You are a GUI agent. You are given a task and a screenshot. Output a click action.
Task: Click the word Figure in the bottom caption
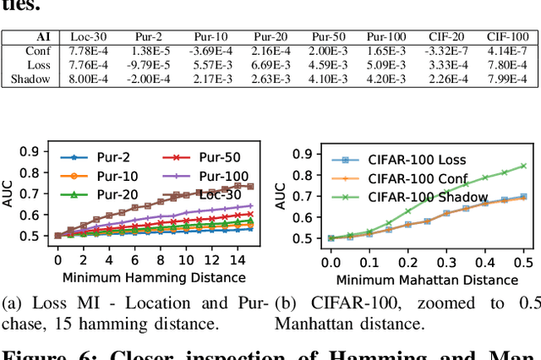[33, 353]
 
